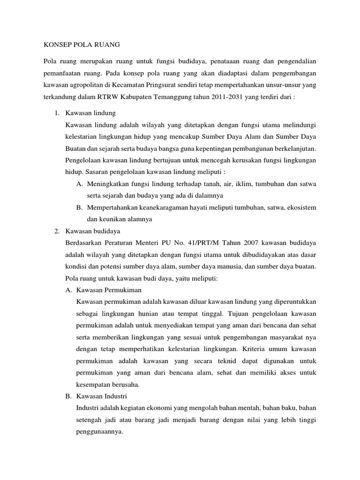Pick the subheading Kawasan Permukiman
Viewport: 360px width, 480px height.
pyautogui.click(x=109, y=290)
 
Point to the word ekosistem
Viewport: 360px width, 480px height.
pyautogui.click(x=300, y=207)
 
